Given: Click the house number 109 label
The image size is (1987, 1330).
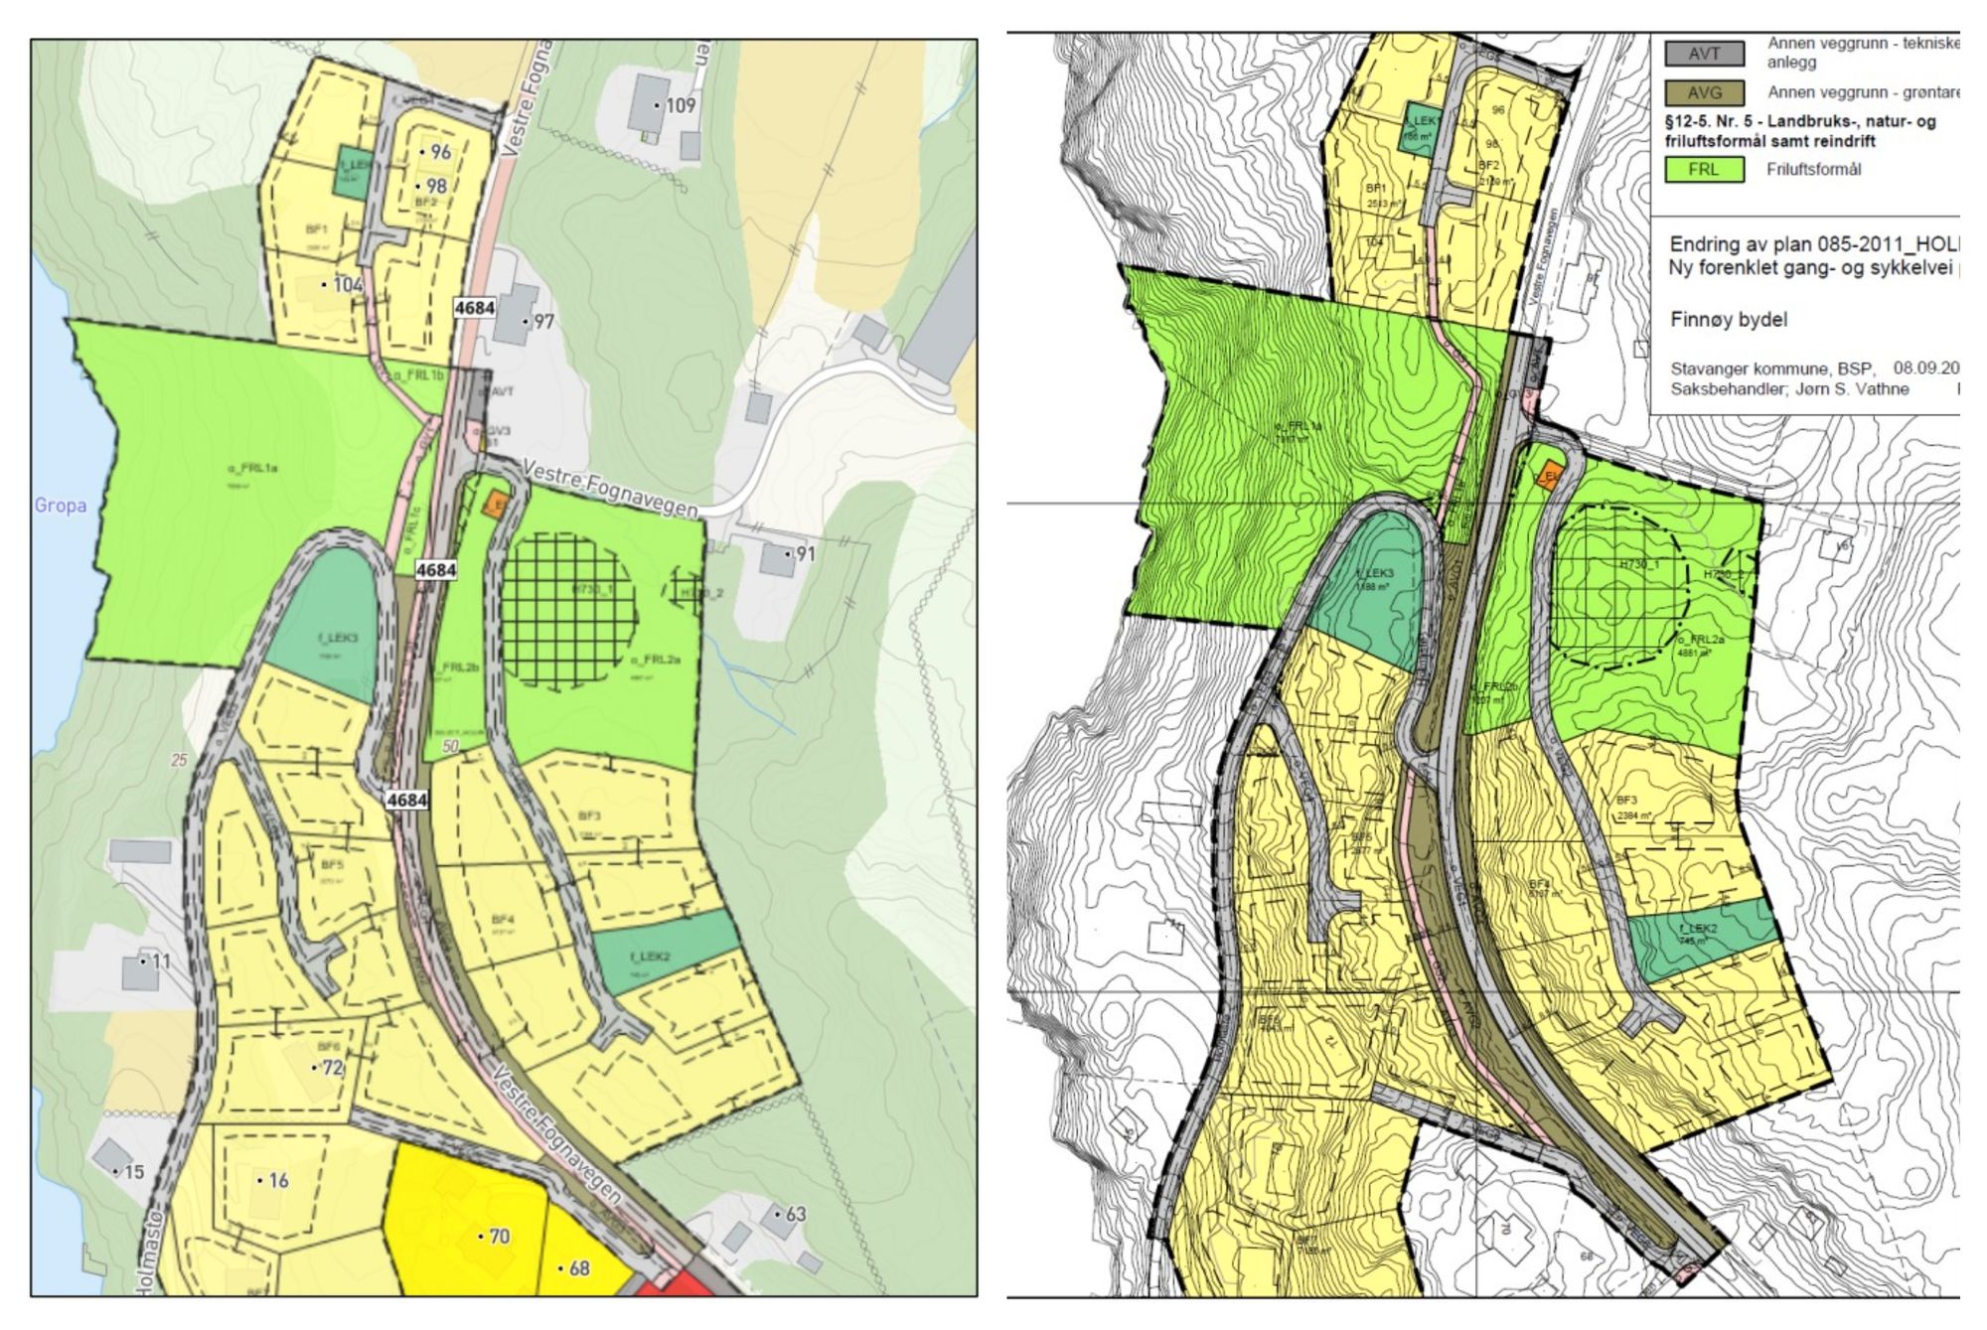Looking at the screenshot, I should [681, 105].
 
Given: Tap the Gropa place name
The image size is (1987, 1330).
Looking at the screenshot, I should [61, 505].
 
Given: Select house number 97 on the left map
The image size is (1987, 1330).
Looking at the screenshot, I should [543, 321].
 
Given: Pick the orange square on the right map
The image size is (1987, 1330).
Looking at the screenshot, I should [1548, 476].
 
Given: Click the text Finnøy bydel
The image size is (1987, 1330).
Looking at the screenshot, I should [1729, 320].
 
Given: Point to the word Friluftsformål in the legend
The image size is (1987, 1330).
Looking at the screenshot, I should [1814, 170].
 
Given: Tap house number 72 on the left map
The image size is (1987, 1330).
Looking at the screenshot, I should [332, 1068].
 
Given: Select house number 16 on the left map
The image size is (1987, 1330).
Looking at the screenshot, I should [278, 1180].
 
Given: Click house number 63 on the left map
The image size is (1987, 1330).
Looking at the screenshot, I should [796, 1214].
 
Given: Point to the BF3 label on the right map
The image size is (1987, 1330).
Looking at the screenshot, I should [1626, 801].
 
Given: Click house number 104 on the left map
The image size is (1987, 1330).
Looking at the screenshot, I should [348, 285].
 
